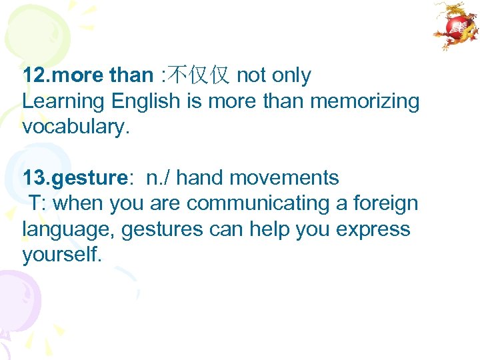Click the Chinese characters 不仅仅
tap(199, 76)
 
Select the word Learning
tap(64, 102)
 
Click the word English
tap(146, 102)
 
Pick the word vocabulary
tap(75, 127)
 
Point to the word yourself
tap(62, 254)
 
